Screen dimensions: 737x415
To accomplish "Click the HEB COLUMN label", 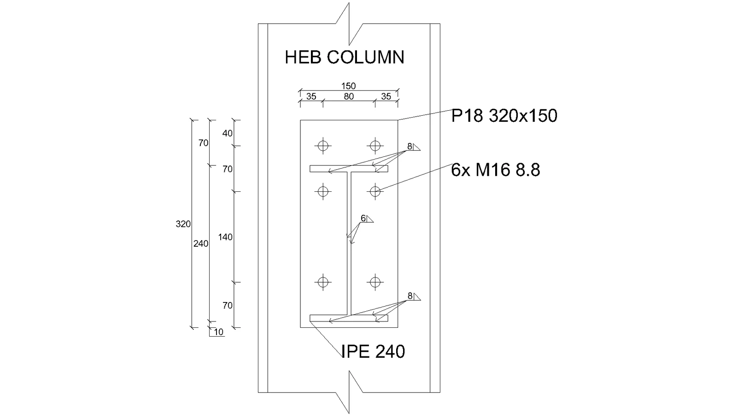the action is pos(345,57).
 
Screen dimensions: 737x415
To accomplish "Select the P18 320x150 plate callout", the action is pos(504,116).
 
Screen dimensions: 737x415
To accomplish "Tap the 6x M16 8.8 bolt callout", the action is pos(495,170).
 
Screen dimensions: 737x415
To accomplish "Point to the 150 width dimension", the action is pos(348,86).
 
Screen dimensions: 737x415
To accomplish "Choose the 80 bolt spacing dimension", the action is pos(349,96).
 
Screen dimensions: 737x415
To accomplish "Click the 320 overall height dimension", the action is pos(183,224).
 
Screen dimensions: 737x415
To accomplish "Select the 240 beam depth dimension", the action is pos(201,244).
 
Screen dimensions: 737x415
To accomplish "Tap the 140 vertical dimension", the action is pos(225,237).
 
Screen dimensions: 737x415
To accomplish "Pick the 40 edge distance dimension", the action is pos(228,133).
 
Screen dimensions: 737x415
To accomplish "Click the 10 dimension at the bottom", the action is pos(219,332).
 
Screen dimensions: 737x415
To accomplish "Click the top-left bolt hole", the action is pos(323,146).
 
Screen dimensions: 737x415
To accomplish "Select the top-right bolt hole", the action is pos(375,146).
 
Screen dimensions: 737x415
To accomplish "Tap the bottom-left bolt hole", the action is pos(323,282).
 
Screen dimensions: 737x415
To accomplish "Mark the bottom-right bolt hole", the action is pos(375,282).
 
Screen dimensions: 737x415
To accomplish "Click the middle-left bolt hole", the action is pos(323,191).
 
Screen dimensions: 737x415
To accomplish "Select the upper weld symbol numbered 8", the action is pos(414,147).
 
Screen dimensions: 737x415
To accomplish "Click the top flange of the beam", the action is pos(349,169).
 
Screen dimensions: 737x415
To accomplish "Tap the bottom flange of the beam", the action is pos(349,318).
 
